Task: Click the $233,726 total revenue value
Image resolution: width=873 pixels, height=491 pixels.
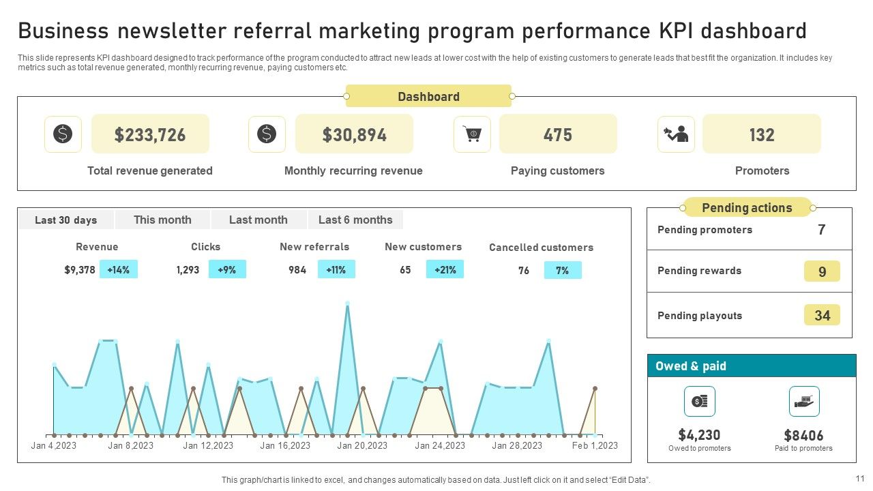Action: pyautogui.click(x=150, y=134)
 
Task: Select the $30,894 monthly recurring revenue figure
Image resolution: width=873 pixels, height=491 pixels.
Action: pyautogui.click(x=354, y=134)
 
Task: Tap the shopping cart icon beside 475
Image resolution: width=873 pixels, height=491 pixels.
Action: pyautogui.click(x=472, y=134)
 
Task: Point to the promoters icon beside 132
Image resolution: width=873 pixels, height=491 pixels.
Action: pyautogui.click(x=676, y=134)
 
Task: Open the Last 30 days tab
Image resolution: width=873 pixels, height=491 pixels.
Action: pyautogui.click(x=66, y=220)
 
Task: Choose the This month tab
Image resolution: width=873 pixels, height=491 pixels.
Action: pyautogui.click(x=162, y=220)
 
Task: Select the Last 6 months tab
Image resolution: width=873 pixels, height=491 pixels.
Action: pyautogui.click(x=355, y=220)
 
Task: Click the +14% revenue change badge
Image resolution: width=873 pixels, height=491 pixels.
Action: pyautogui.click(x=118, y=269)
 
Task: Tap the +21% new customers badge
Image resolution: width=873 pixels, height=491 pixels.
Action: pyautogui.click(x=445, y=269)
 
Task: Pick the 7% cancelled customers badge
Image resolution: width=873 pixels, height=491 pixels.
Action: pyautogui.click(x=562, y=270)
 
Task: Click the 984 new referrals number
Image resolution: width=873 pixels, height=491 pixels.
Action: pyautogui.click(x=297, y=269)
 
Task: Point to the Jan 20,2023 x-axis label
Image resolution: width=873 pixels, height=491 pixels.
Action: pyautogui.click(x=362, y=445)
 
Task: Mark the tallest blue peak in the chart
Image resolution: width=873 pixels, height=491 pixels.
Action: pyautogui.click(x=347, y=303)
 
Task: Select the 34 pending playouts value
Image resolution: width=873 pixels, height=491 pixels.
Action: pyautogui.click(x=822, y=315)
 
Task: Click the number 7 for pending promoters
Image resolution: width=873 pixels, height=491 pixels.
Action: pyautogui.click(x=822, y=230)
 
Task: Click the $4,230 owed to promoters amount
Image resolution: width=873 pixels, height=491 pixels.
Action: pyautogui.click(x=699, y=434)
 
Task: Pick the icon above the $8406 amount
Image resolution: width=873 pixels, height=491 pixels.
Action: pyautogui.click(x=804, y=401)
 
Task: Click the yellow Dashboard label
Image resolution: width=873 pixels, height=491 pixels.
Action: pyautogui.click(x=428, y=96)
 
